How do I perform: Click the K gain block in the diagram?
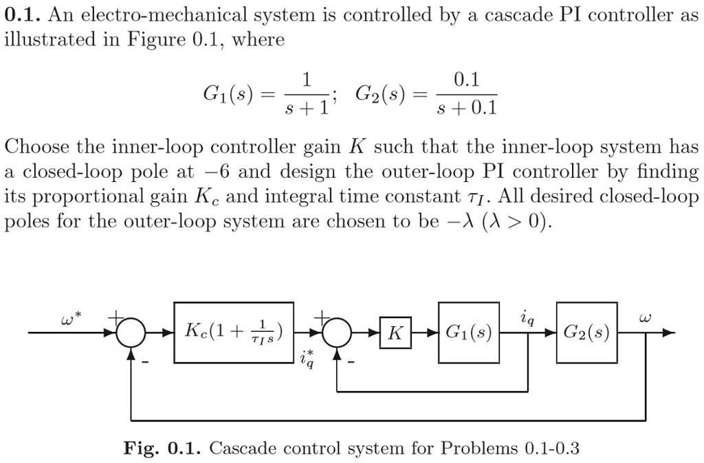395,334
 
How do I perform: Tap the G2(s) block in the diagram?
586,333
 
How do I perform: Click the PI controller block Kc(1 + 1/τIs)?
234,333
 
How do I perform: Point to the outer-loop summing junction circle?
130,334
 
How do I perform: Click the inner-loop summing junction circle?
337,334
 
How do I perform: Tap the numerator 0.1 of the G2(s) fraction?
466,81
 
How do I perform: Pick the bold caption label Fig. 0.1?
161,449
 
